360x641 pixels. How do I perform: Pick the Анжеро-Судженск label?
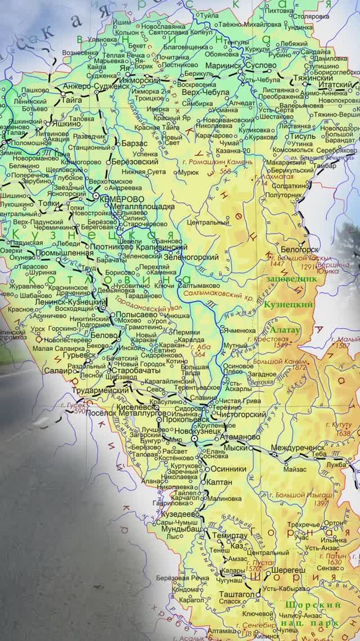(97, 87)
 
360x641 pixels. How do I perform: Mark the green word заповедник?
(291, 278)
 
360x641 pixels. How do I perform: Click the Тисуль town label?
(301, 136)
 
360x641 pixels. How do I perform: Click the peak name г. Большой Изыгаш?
(301, 495)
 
